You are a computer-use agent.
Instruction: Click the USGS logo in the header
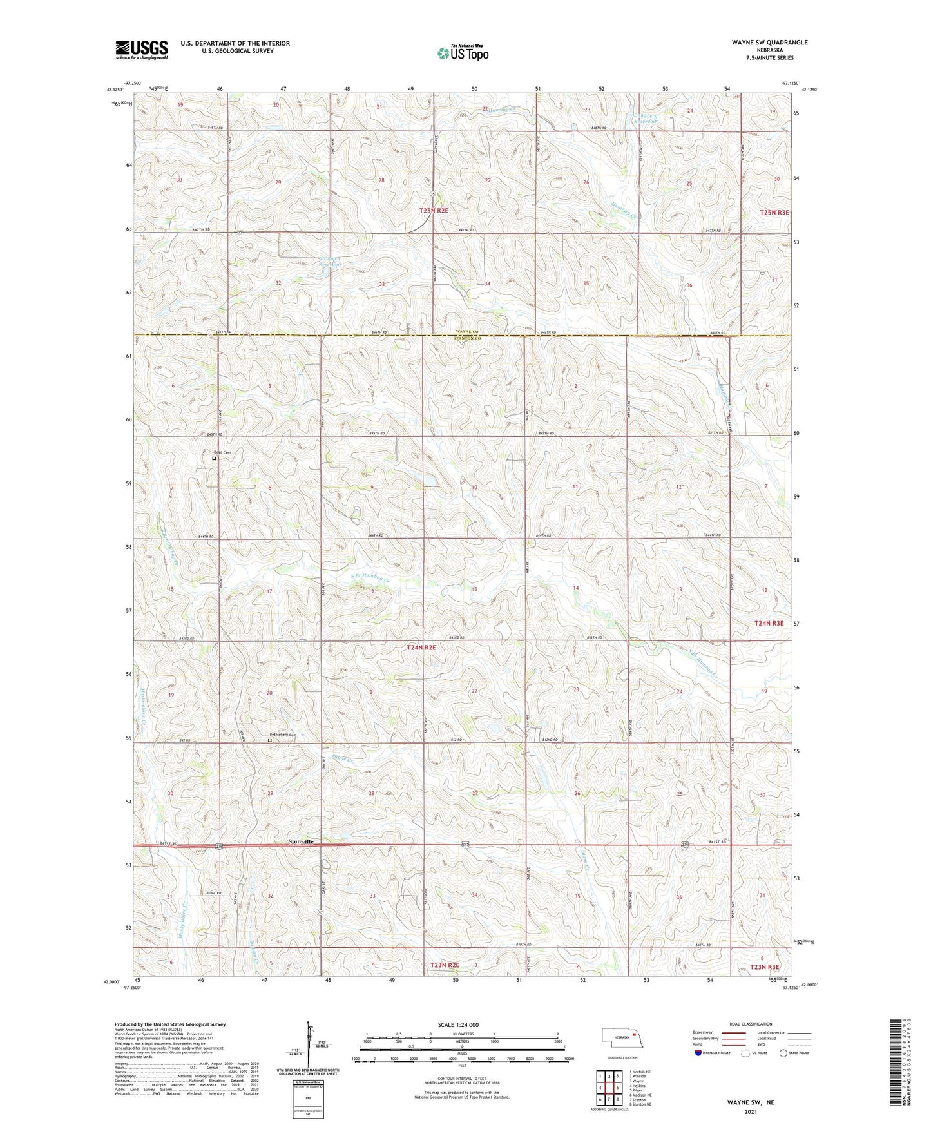point(142,50)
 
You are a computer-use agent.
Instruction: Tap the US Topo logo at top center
point(463,53)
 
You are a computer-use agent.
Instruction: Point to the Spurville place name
point(301,841)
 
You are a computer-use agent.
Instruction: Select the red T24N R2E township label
point(421,647)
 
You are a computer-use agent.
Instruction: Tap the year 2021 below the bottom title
point(751,1112)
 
